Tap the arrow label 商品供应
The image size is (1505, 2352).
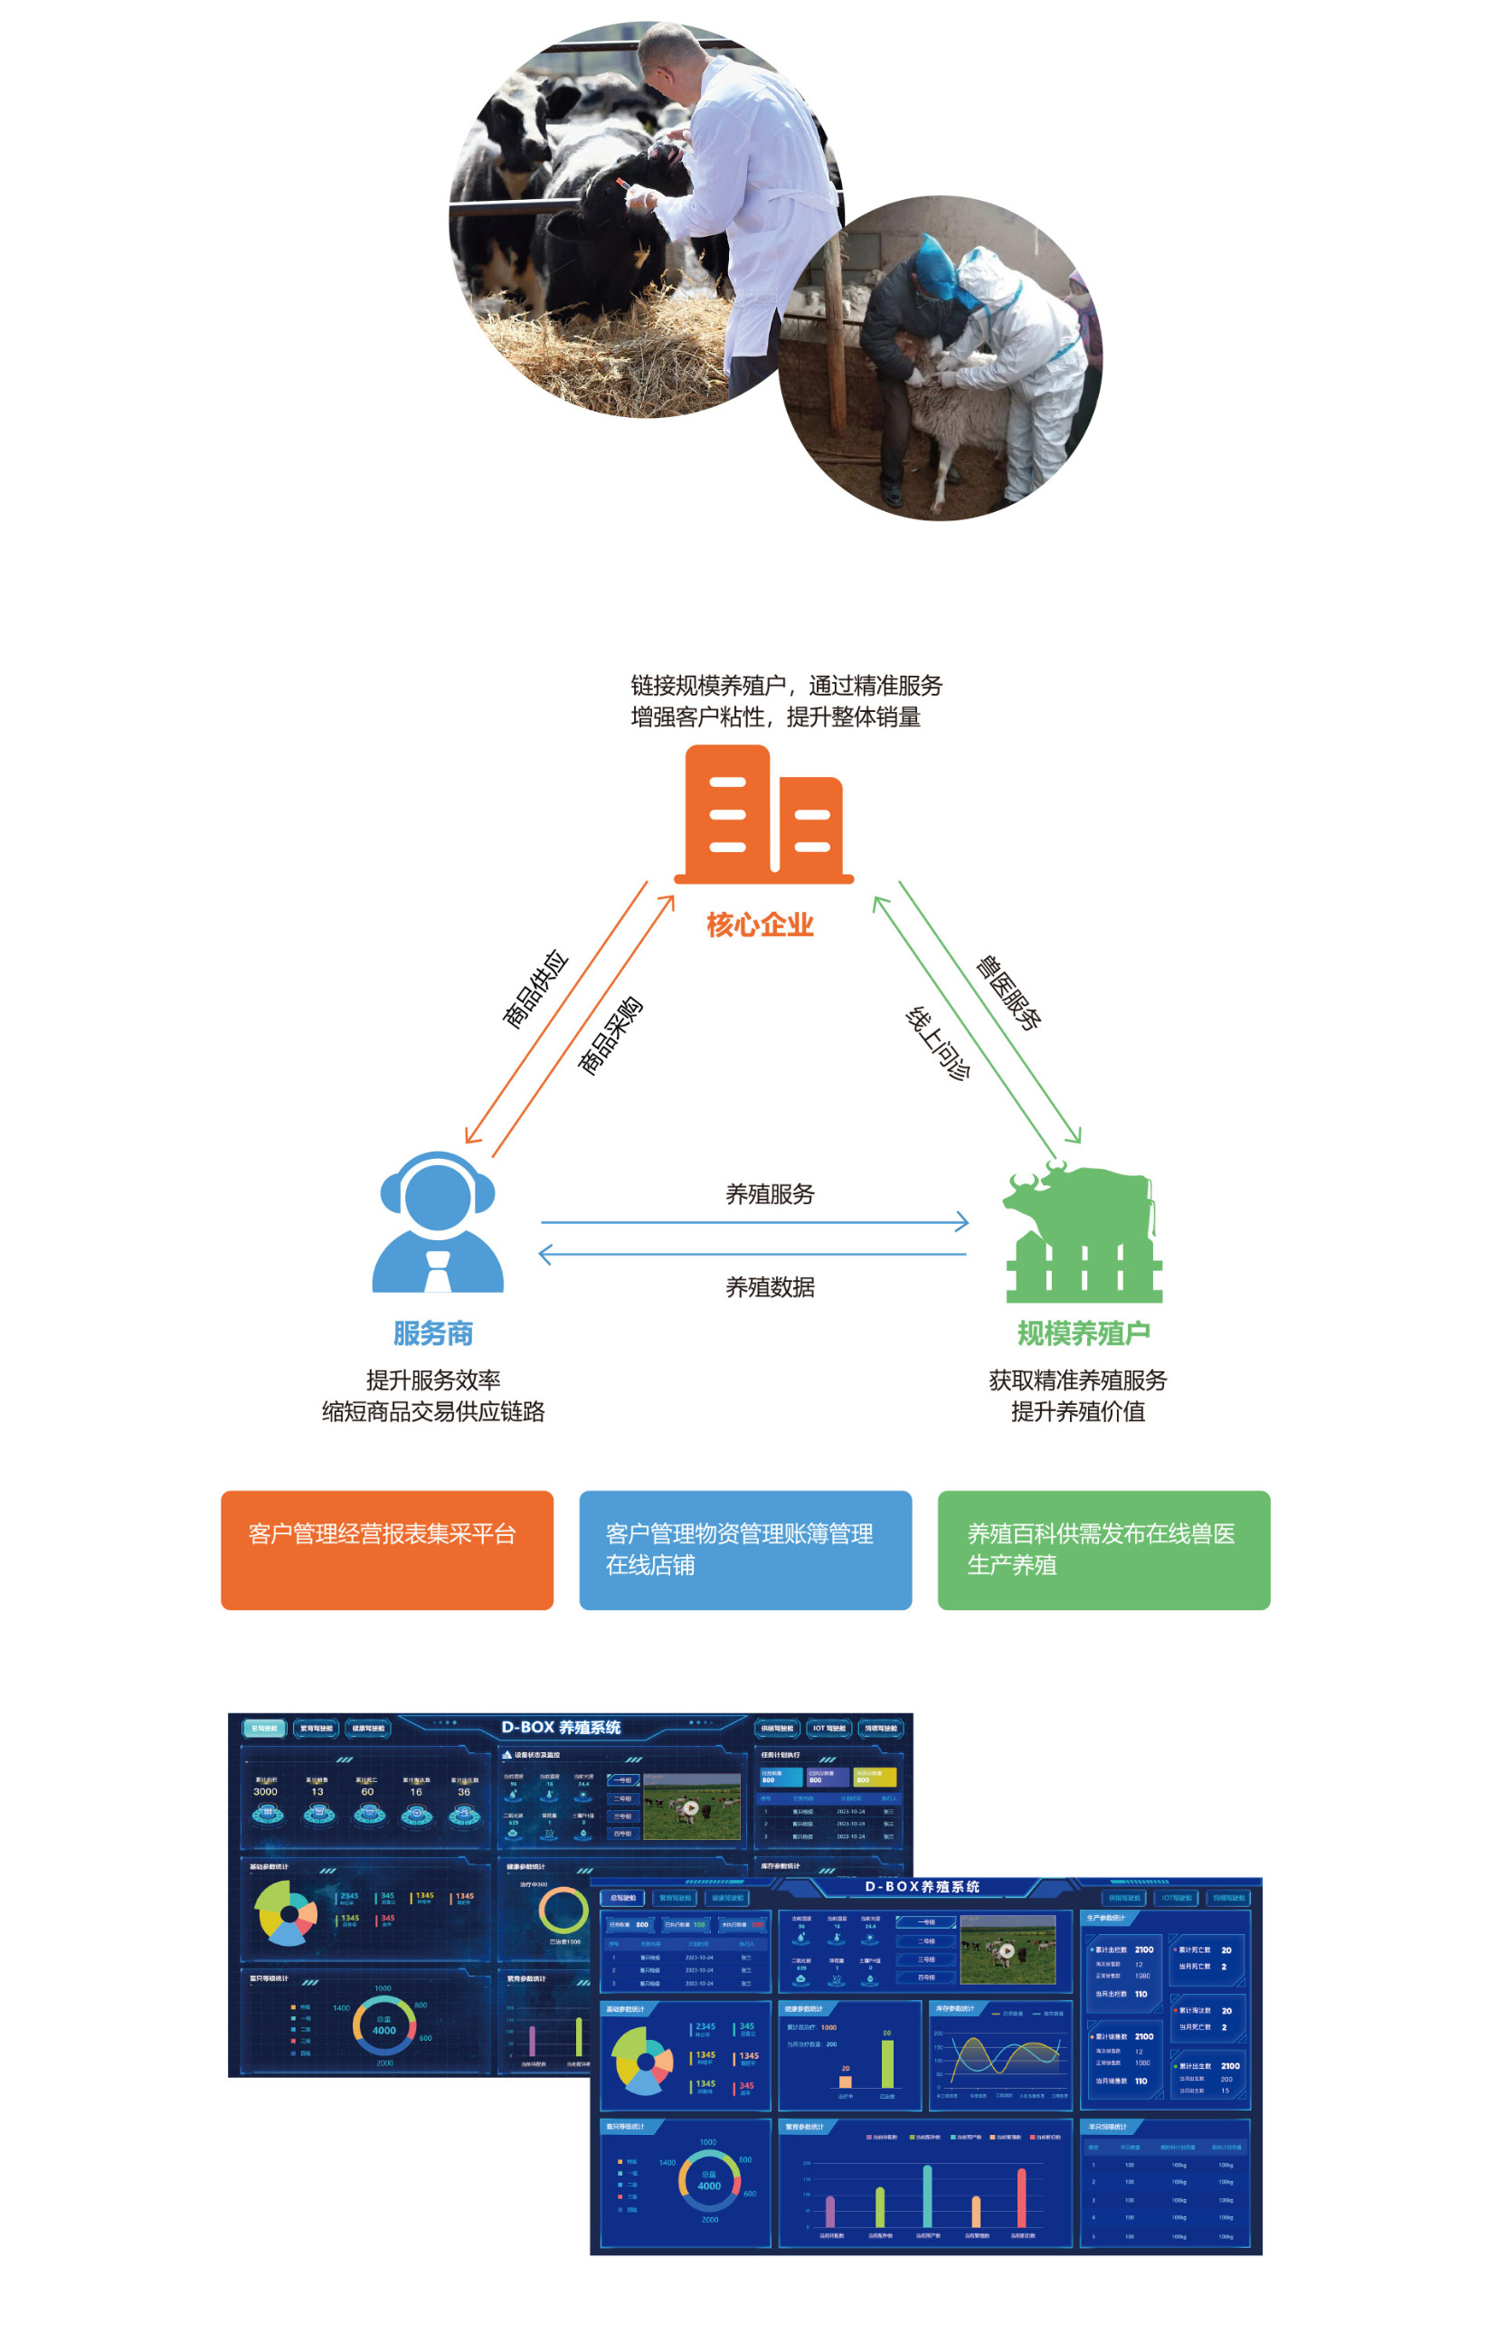(535, 989)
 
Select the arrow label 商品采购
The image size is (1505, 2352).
(610, 1036)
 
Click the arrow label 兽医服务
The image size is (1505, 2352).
(1008, 992)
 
